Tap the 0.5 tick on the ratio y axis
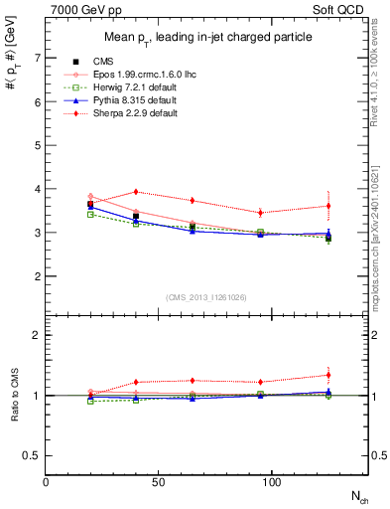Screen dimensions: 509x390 33,455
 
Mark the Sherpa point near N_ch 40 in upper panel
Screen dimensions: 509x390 136,192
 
